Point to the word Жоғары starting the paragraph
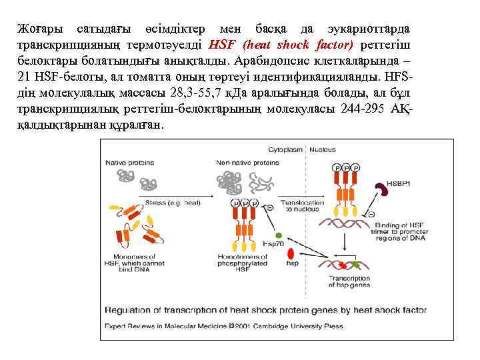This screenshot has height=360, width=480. [39, 31]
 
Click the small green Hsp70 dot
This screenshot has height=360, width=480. [279, 235]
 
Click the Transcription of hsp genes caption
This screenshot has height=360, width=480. [349, 281]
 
